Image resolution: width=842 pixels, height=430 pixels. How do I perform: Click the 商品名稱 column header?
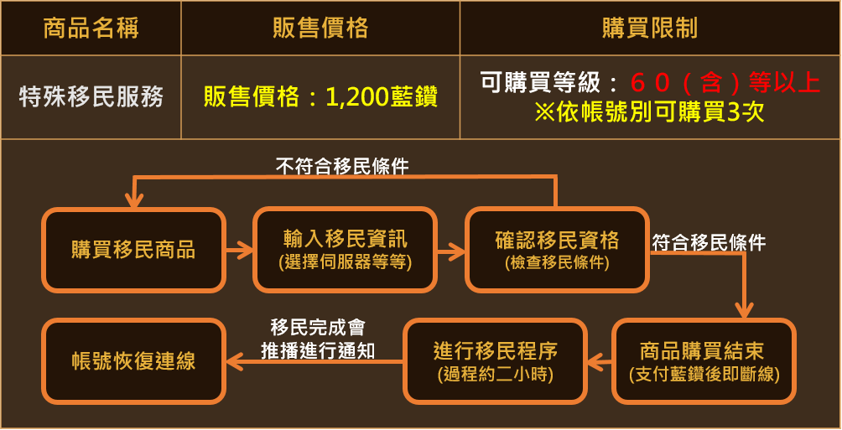(91, 28)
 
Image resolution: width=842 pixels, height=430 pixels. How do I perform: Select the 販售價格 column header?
(320, 28)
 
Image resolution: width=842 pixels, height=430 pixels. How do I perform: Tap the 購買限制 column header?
(650, 28)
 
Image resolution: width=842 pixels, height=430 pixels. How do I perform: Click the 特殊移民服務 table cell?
(91, 97)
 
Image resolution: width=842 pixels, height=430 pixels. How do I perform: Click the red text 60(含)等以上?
(725, 82)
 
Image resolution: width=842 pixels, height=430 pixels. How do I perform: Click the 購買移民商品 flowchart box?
(133, 250)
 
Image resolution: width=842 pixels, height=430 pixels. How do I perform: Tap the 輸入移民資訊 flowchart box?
(345, 250)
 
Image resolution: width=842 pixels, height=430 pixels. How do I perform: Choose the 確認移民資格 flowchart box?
(557, 250)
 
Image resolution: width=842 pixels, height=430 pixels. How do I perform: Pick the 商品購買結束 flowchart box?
(704, 361)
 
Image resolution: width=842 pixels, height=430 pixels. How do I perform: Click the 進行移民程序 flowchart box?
(495, 361)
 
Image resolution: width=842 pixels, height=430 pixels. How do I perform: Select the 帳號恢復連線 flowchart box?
(133, 361)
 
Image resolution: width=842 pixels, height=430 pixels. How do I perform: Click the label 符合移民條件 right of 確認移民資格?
(709, 243)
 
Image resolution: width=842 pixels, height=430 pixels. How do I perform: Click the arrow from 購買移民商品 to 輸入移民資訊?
(239, 250)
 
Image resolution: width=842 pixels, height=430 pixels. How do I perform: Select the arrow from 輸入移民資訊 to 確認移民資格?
(451, 250)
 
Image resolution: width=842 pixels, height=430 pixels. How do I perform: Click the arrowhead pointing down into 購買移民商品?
(133, 200)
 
